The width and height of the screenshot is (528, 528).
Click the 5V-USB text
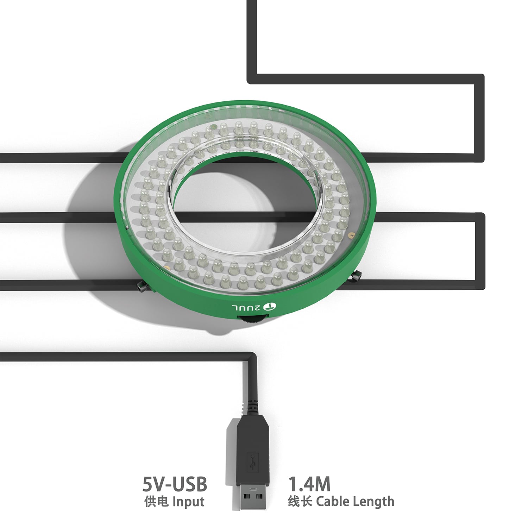click(175, 484)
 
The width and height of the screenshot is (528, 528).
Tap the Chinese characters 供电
click(156, 501)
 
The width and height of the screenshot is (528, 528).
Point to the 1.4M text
click(309, 484)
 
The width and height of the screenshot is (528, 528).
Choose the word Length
click(373, 501)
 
